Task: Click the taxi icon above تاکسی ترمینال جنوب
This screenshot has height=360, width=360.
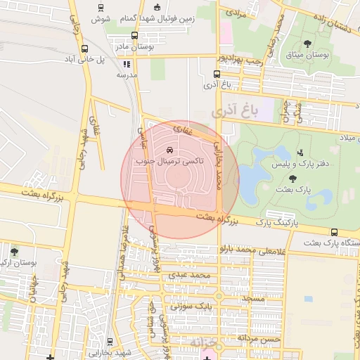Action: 169,150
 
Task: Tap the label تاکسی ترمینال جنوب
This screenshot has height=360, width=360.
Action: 171,161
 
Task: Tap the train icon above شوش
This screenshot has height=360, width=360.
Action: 101,8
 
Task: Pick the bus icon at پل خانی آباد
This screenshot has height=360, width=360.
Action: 85,49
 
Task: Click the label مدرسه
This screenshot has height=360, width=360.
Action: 127,75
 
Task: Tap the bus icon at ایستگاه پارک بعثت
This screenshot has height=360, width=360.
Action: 333,233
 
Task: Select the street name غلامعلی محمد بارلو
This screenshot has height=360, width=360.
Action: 255,250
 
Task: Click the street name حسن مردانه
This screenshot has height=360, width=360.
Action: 259,338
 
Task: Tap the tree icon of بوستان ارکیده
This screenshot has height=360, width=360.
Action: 15,251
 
